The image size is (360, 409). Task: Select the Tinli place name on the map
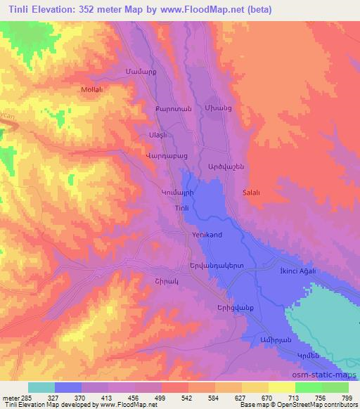pos(180,207)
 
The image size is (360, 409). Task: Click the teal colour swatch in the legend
pos(41,387)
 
